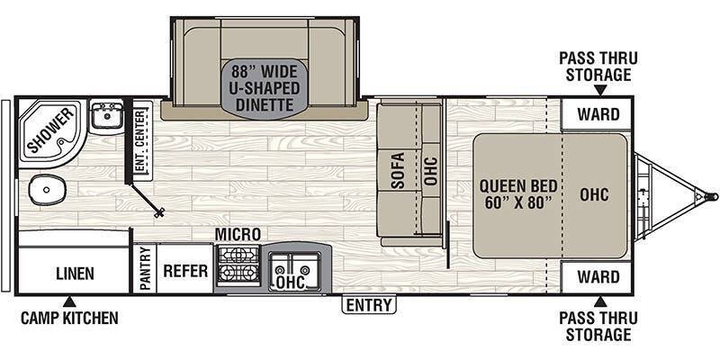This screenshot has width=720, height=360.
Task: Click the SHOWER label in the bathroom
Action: [x=51, y=130]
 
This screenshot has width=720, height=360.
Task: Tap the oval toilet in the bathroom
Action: [x=47, y=190]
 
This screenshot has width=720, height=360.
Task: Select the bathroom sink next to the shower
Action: [x=106, y=115]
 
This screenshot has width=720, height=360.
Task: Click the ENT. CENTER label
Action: [x=143, y=140]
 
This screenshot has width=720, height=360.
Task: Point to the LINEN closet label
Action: [x=76, y=274]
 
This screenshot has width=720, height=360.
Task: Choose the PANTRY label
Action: [x=145, y=268]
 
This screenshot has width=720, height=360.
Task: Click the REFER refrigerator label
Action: [x=185, y=271]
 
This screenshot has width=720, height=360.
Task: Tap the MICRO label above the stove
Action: [x=238, y=234]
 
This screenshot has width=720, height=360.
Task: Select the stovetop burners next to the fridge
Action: [x=238, y=265]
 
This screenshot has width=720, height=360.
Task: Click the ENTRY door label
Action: [x=369, y=304]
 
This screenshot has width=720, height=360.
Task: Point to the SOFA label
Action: [x=398, y=170]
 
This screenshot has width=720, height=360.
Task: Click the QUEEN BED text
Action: [x=518, y=186]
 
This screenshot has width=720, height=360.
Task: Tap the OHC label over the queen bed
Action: [x=594, y=194]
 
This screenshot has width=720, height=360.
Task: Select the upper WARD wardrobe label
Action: [x=598, y=114]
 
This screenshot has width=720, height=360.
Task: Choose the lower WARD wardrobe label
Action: [x=598, y=277]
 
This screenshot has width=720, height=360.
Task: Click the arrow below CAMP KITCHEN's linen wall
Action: [x=69, y=301]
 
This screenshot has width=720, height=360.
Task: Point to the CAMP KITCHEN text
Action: [x=69, y=318]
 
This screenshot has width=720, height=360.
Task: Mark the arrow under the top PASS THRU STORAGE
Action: [x=600, y=91]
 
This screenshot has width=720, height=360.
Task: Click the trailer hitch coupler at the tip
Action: [x=712, y=196]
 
